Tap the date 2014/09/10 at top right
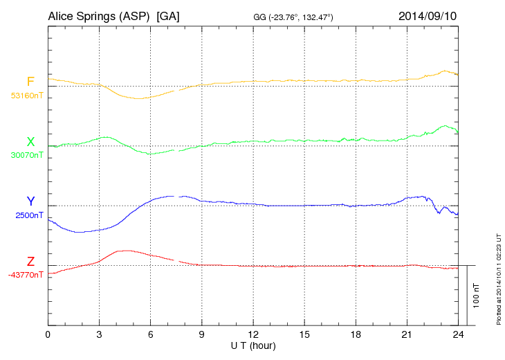tap(428, 16)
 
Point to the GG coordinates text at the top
tap(294, 17)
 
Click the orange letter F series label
tap(30, 82)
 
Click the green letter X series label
tap(30, 142)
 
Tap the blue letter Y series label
tap(30, 201)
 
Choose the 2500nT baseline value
tap(29, 215)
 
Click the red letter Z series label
tap(30, 261)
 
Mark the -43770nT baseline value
tap(26, 274)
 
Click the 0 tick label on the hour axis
tap(48, 334)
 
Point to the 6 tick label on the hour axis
tap(150, 334)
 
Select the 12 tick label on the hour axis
tap(253, 334)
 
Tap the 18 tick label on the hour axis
tap(356, 334)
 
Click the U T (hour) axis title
tap(253, 345)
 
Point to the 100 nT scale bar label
tap(477, 295)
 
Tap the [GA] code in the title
tap(168, 16)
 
